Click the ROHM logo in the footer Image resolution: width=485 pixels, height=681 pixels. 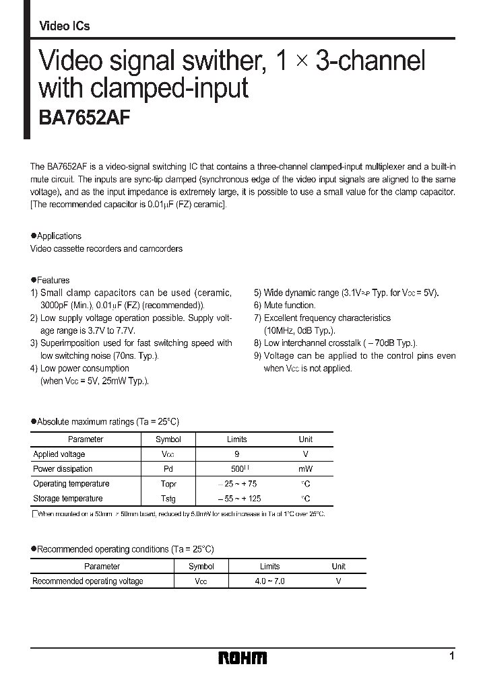pos(243,657)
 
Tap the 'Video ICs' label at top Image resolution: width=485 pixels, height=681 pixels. pos(65,26)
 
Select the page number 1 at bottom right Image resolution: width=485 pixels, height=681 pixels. pos(451,656)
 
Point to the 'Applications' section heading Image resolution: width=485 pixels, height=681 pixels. pos(59,236)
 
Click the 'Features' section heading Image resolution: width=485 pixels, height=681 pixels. pos(53,280)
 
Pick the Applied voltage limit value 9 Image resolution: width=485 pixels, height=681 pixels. pos(236,454)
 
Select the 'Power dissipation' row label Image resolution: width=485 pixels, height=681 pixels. pos(63,469)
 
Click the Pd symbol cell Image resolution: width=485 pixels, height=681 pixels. pos(168,469)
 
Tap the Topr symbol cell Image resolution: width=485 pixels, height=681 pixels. pos(168,484)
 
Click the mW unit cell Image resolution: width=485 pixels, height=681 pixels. pos(305,469)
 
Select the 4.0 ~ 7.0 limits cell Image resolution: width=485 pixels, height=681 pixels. pos(269,581)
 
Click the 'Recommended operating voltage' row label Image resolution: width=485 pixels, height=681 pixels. pos(88,581)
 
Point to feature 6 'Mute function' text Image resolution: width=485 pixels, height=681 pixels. pos(289,306)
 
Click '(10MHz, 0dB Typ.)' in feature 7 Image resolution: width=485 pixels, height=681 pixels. pos(299,330)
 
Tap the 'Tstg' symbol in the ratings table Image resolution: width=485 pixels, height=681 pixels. pos(168,499)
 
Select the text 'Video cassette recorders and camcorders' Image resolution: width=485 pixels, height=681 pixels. pos(106,248)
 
